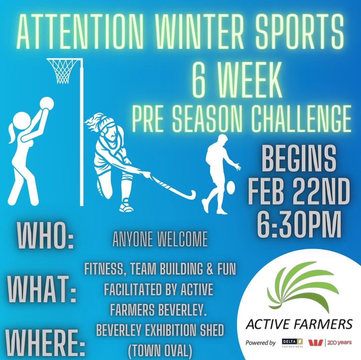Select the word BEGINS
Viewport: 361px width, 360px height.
pyautogui.click(x=298, y=159)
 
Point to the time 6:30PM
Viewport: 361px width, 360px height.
pyautogui.click(x=299, y=224)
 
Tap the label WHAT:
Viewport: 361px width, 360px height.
pyautogui.click(x=42, y=290)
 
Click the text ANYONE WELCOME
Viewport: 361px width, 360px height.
pyautogui.click(x=160, y=239)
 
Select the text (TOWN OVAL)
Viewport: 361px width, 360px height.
pyautogui.click(x=160, y=350)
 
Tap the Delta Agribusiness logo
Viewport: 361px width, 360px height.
pyautogui.click(x=292, y=343)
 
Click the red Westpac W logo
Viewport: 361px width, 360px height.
pyautogui.click(x=316, y=343)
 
